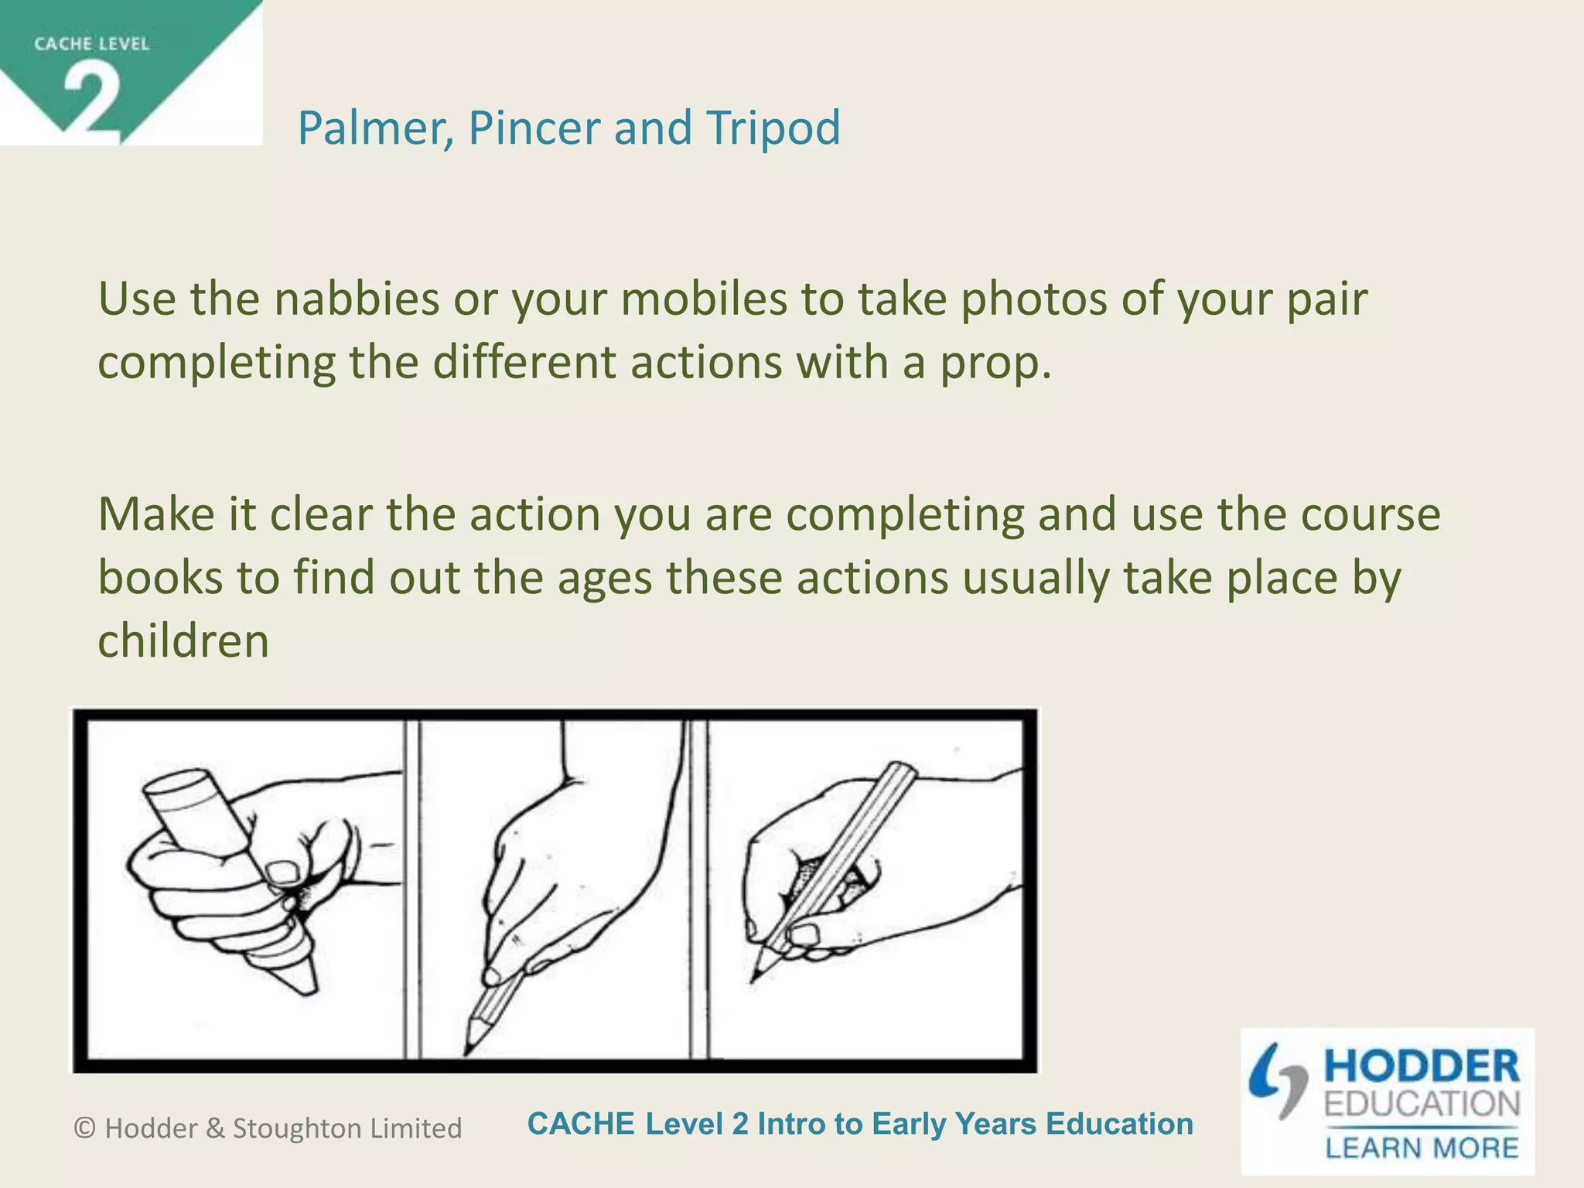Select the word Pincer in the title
pos(534,128)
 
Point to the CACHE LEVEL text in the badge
pos(91,44)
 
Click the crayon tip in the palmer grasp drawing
pos(306,985)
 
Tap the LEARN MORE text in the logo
pos(1422,1147)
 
